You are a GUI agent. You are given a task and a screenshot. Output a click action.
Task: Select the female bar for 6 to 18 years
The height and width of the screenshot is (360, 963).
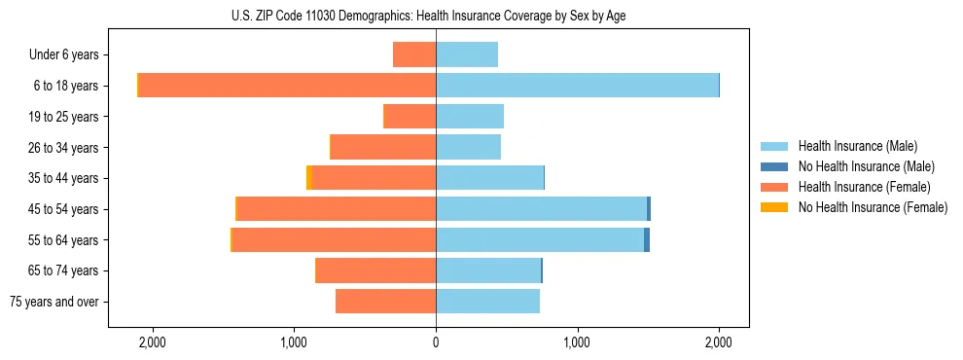(x=287, y=86)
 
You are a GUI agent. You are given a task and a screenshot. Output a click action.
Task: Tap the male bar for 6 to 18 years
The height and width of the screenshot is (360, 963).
(x=577, y=86)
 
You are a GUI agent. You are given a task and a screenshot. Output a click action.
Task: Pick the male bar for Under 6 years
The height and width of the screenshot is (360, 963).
(x=467, y=54)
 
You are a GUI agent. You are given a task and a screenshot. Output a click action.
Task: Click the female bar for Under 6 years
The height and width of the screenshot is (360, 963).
(x=414, y=54)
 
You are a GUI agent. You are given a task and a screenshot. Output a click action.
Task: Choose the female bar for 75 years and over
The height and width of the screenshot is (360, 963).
(x=385, y=302)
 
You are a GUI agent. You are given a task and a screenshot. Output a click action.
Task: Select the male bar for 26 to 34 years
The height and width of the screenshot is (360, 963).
(x=468, y=147)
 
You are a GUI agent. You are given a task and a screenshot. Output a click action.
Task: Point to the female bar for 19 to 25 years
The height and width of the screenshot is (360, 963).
(x=410, y=117)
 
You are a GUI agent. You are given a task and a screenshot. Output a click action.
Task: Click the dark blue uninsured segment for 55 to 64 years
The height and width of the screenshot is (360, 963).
(x=647, y=240)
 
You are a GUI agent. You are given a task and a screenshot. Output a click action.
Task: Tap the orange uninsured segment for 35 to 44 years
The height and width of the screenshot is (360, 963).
(x=309, y=178)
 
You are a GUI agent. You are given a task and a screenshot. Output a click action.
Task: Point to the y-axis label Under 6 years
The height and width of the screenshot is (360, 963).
(x=69, y=55)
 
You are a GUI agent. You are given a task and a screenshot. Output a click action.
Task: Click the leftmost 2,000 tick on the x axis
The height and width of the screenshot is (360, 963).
(x=153, y=342)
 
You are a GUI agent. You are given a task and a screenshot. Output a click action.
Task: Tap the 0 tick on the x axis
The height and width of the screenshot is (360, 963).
(x=436, y=342)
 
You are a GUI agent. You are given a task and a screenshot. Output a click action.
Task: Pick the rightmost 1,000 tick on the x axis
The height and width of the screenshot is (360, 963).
(x=577, y=342)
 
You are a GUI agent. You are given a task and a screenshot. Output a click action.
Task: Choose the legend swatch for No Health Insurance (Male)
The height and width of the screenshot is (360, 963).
(x=774, y=166)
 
